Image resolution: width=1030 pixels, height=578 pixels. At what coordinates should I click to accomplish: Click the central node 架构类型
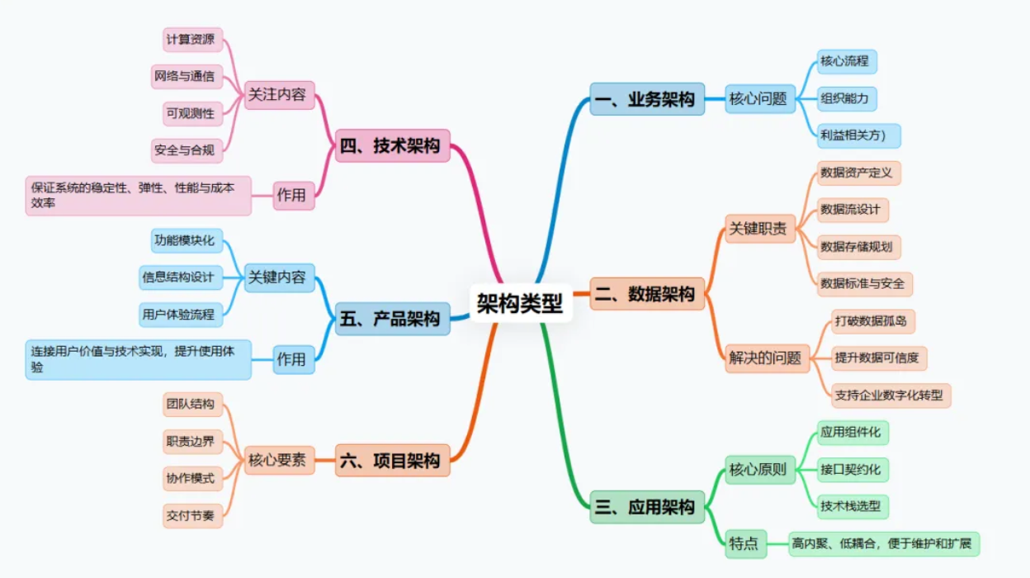[x=521, y=304]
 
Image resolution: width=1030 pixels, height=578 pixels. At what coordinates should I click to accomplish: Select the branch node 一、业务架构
[x=647, y=99]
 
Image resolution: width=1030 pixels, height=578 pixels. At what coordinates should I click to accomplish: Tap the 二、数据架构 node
[x=647, y=293]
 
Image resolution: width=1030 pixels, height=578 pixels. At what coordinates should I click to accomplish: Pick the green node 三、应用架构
[x=647, y=507]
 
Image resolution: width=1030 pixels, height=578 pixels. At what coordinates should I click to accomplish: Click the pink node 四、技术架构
[x=392, y=146]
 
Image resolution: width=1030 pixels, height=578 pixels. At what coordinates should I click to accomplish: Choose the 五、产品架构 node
[x=392, y=319]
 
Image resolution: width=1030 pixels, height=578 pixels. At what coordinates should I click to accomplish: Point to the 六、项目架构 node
[x=392, y=461]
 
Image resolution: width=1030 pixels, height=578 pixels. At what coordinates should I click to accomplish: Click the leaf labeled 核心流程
[x=843, y=61]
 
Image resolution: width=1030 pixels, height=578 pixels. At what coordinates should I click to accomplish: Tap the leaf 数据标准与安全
[x=862, y=283]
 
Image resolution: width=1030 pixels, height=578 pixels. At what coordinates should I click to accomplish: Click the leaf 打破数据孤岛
[x=871, y=320]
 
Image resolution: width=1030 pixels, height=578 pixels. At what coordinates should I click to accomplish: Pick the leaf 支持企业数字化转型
[x=892, y=395]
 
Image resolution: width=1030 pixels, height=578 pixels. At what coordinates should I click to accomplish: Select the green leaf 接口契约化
[x=850, y=470]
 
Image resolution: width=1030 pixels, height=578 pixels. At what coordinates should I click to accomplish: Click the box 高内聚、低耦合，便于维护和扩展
[x=883, y=543]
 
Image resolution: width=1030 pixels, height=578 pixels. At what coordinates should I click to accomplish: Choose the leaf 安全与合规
[x=187, y=150]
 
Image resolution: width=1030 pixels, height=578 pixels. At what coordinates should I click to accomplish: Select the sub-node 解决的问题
[x=765, y=358]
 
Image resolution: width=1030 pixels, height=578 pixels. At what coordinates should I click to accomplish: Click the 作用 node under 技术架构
[x=293, y=196]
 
